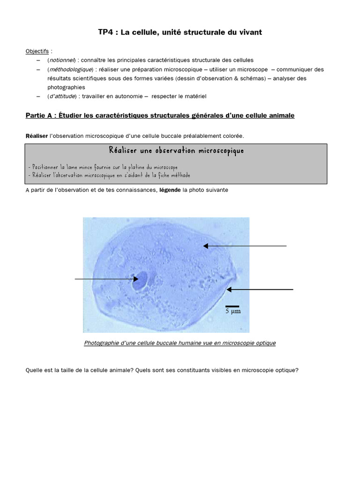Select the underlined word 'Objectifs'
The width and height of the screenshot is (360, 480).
click(37, 51)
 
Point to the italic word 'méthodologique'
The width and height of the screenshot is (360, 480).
click(70, 69)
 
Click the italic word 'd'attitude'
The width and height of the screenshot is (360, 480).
click(63, 96)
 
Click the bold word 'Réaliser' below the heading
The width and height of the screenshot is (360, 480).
click(37, 135)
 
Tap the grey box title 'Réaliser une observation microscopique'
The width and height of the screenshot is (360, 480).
click(176, 150)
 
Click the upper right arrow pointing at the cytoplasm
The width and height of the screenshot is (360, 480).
click(244, 246)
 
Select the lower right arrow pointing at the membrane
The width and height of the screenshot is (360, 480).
click(260, 290)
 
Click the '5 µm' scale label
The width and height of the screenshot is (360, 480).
click(233, 311)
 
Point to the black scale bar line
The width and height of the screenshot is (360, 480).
click(232, 306)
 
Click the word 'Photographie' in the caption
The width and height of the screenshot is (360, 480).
click(100, 343)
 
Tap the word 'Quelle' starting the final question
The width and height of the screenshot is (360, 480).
click(34, 370)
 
